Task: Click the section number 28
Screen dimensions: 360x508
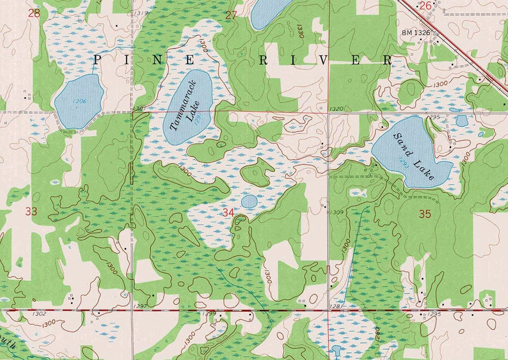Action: [x=34, y=13]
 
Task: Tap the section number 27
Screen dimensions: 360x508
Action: [x=231, y=15]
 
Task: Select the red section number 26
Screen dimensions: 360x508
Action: [x=425, y=6]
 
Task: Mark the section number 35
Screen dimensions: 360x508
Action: [x=425, y=214]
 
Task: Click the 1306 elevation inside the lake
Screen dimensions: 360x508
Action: [x=79, y=101]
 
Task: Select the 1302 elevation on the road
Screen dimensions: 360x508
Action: [x=38, y=313]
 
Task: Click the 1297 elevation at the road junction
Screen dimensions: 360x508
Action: [x=141, y=308]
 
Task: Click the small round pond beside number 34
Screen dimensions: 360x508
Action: [x=249, y=201]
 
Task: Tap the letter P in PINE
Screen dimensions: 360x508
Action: [x=98, y=59]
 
